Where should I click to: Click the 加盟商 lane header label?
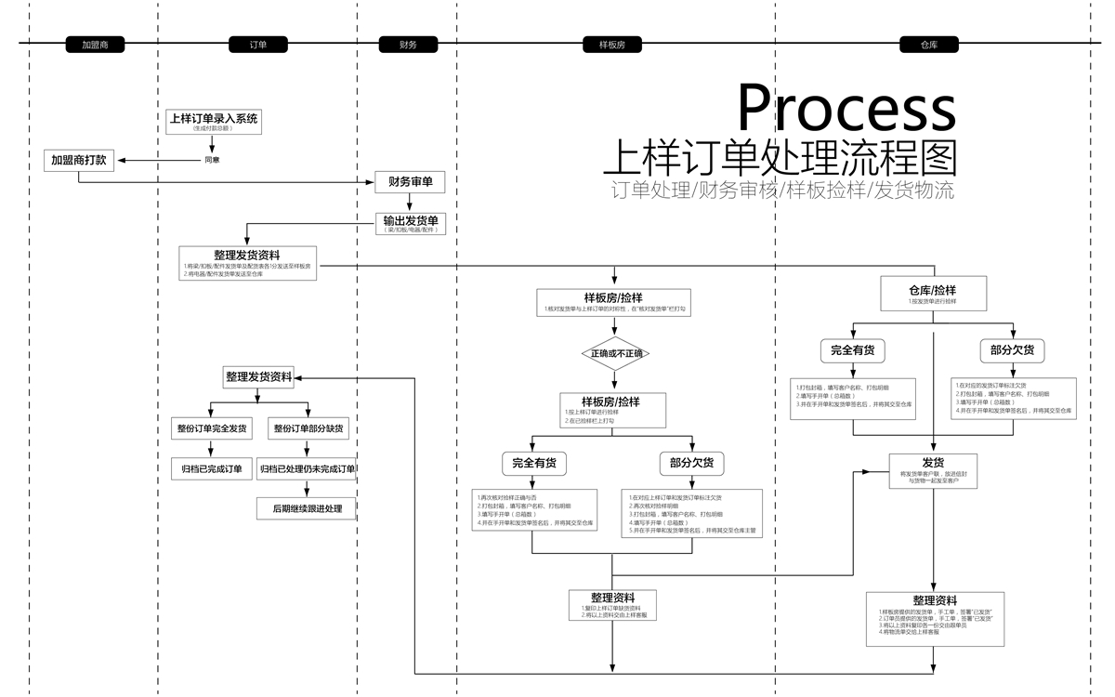pos(95,44)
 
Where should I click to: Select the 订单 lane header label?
pos(259,44)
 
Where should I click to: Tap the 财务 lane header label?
pos(408,44)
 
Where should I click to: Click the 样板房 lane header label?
pos(613,44)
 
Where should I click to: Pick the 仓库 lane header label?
pos(929,44)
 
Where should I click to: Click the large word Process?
pos(846,108)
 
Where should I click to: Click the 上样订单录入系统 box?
pos(214,122)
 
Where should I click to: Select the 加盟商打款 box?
pos(79,160)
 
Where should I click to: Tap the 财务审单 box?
pos(410,181)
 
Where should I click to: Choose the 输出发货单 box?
pos(410,224)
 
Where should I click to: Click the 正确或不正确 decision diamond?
pos(613,354)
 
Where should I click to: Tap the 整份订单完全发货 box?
pos(212,428)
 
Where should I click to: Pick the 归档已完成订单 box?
pos(212,469)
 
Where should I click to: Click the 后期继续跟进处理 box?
pos(307,508)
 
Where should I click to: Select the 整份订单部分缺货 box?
pos(308,428)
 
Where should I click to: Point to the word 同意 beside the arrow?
pos(212,160)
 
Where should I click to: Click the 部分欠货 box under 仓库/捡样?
pos(1013,351)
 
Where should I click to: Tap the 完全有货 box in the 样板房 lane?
pos(533,463)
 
